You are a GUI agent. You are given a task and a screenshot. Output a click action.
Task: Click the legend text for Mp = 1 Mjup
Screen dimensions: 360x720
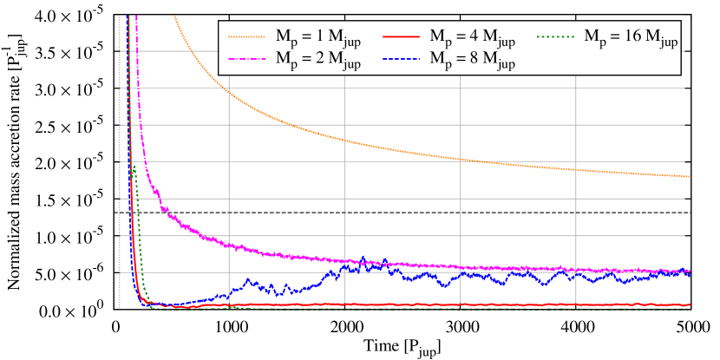(x=311, y=37)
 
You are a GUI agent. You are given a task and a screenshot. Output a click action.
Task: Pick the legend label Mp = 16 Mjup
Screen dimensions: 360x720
(x=631, y=37)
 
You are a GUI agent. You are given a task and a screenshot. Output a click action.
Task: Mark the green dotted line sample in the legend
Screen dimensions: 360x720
(x=558, y=37)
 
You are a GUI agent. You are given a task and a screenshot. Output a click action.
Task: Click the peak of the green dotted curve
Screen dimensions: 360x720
(x=134, y=167)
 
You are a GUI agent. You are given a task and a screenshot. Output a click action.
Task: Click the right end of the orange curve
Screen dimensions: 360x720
(x=689, y=177)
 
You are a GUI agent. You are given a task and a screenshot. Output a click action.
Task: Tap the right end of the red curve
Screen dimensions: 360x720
(x=689, y=304)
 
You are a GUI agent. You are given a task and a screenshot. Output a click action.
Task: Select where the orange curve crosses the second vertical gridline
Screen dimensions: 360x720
(x=344, y=140)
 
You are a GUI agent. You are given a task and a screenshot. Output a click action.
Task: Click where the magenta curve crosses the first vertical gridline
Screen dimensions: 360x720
(x=229, y=245)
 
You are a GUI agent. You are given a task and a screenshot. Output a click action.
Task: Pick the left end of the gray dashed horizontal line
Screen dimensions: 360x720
(x=117, y=213)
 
